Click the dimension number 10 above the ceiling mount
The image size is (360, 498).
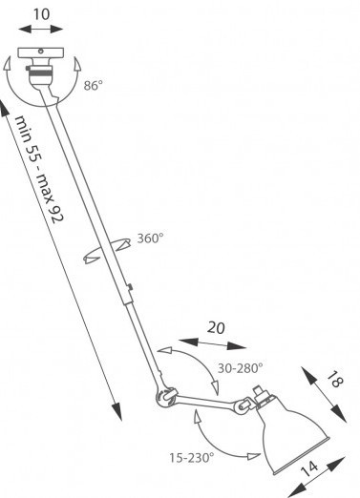click(41, 14)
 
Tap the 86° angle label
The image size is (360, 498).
click(94, 86)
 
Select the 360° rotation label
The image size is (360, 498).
click(150, 239)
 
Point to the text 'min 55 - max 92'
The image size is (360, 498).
click(39, 170)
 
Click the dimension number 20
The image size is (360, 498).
click(216, 327)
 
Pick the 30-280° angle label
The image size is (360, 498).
click(240, 368)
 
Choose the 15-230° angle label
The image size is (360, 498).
click(192, 458)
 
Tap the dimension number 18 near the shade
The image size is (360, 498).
click(334, 380)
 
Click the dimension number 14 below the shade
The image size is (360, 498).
click(309, 468)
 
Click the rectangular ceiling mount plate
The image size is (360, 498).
click(41, 52)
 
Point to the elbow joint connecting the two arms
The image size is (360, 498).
click(165, 397)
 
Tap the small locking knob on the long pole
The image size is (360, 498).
click(130, 287)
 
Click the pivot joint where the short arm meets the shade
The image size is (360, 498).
click(243, 405)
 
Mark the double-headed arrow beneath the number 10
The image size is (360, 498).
click(41, 30)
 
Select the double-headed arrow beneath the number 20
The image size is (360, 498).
click(212, 344)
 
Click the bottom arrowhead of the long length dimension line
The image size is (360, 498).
click(117, 411)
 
